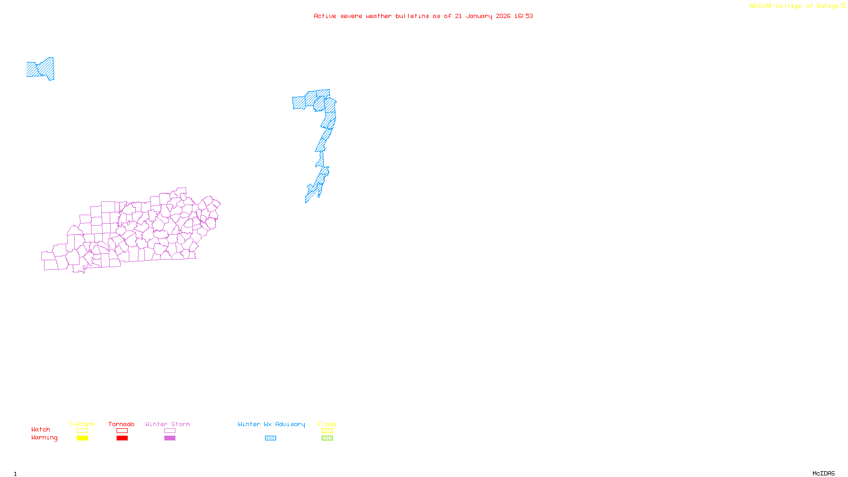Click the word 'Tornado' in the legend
pyautogui.click(x=121, y=424)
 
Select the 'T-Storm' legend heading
pyautogui.click(x=82, y=424)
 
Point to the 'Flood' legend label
pyautogui.click(x=327, y=424)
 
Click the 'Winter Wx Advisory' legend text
pyautogui.click(x=271, y=424)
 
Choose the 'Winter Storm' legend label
pyautogui.click(x=167, y=424)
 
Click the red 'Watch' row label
pyautogui.click(x=41, y=429)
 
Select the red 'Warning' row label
pyautogui.click(x=45, y=438)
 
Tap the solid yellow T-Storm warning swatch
pyautogui.click(x=82, y=438)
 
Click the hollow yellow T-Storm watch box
pyautogui.click(x=82, y=431)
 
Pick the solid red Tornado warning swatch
pyautogui.click(x=122, y=438)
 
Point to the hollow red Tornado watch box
pyautogui.click(x=122, y=431)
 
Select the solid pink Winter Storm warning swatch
pyautogui.click(x=170, y=438)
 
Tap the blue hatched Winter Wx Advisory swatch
pyautogui.click(x=270, y=438)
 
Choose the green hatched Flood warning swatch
pyautogui.click(x=327, y=438)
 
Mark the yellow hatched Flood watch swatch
pyautogui.click(x=327, y=431)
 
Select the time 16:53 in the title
pyautogui.click(x=524, y=16)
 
